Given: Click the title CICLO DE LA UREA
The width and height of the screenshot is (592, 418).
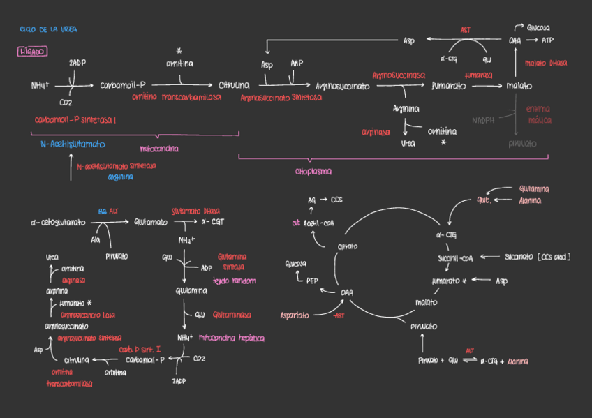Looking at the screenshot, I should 49,30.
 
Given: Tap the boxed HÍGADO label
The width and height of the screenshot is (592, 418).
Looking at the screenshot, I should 32,52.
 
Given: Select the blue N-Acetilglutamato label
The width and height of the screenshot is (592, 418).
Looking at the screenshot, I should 73,144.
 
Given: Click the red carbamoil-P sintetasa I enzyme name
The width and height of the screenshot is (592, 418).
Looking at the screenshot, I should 75,120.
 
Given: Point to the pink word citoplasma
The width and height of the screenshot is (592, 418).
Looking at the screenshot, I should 313,171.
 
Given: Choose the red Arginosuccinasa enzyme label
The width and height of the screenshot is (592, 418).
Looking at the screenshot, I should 399,74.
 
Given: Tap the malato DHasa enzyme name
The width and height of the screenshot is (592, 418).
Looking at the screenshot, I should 545,64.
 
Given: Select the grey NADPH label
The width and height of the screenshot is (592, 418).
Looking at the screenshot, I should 483,120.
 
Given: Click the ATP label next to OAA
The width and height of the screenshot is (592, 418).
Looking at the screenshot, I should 547,40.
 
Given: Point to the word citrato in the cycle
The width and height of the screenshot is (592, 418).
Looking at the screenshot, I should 348,247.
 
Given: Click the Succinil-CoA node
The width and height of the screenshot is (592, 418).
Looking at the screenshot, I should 455,257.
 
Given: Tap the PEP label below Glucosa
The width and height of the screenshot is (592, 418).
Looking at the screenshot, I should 312,281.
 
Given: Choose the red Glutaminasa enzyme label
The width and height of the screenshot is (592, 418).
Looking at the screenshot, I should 231,315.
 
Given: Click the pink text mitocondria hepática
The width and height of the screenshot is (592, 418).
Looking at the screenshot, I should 231,338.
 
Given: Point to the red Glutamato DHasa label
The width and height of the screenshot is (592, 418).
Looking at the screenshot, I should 195,211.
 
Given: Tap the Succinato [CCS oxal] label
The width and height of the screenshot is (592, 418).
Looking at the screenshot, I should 538,257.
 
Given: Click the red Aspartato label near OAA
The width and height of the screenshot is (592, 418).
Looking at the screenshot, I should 295,315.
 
